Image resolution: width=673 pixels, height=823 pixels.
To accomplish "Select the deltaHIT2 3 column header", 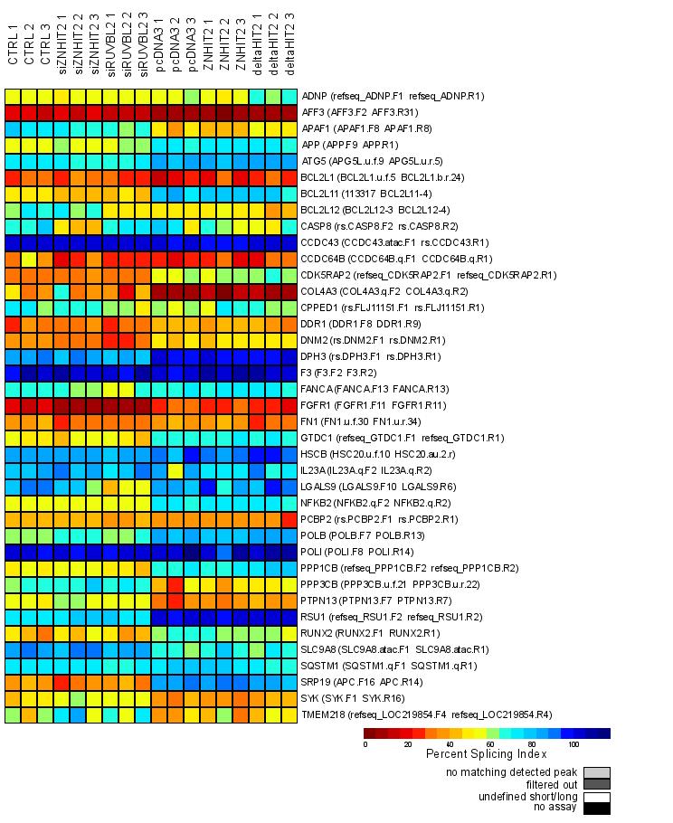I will coord(289,50).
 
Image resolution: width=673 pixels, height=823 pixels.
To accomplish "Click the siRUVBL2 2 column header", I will coord(127,50).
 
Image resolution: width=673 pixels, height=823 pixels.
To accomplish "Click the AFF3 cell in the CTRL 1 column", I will coord(13,112).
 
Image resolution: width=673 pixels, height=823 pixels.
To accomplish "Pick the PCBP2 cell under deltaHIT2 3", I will coord(289,519).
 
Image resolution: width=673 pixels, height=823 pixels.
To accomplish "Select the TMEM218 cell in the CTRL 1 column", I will coord(13,715).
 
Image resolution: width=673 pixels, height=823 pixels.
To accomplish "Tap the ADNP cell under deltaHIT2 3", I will coord(289,96).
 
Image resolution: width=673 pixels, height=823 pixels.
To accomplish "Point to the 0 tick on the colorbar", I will coord(365,745).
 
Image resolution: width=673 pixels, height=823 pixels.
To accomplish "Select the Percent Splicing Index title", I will coord(487,754).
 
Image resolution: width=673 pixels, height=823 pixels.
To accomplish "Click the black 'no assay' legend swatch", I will coord(596,809).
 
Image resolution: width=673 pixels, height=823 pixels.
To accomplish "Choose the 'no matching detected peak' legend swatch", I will coord(596,772).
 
